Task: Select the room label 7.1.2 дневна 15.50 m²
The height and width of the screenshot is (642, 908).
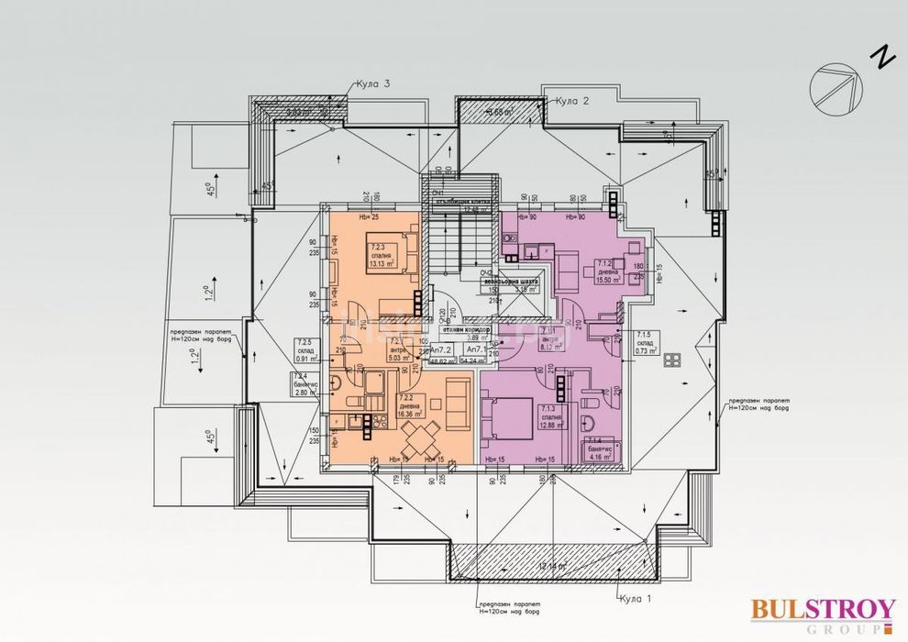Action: [606, 271]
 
